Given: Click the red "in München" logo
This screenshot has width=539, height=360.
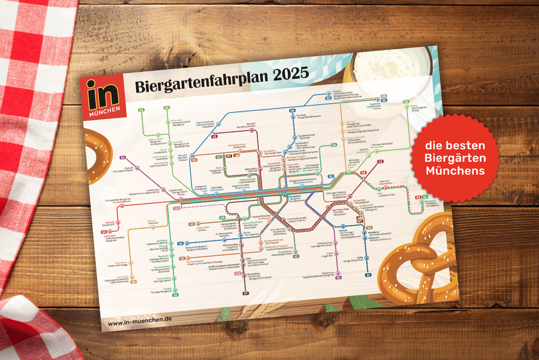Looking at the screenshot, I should [102, 97].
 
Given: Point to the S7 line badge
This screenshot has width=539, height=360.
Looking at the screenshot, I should [246, 293].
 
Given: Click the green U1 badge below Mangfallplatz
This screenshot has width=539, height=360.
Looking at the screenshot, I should [296, 256].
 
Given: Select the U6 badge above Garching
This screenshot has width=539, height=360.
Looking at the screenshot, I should [292, 110].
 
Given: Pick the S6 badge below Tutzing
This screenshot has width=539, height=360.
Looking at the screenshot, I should [175, 295].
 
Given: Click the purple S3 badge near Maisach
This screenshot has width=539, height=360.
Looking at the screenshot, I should [123, 158].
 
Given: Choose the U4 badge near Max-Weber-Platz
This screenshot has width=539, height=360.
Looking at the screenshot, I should [334, 145].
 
